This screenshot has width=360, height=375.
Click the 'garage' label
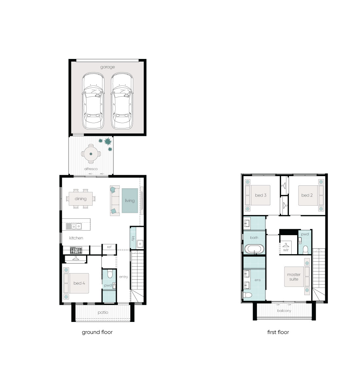point(107,67)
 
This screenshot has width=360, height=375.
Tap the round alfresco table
point(91,154)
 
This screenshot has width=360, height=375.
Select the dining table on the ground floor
point(81,198)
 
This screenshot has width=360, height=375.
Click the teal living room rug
point(130,201)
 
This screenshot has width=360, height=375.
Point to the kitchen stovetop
point(76,251)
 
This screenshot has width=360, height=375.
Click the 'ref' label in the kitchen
point(109,247)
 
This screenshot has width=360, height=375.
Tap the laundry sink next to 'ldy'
point(140,244)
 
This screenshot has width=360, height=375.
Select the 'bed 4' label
point(79,283)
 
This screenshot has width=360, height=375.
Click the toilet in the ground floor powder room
point(110,273)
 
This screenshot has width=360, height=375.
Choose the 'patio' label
point(103,312)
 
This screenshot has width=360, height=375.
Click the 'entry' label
point(124,277)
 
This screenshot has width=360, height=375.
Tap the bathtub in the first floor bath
point(254,249)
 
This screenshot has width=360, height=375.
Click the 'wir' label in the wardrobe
point(286,250)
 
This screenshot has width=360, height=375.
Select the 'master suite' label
point(294,277)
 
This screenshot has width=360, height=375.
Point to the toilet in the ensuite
point(248,295)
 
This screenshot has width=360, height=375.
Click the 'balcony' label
point(284,311)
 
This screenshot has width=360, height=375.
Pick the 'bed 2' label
point(307,195)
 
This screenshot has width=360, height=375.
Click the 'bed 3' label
point(261,195)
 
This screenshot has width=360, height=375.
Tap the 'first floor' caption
point(278,332)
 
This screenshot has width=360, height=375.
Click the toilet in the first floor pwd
point(305,250)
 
